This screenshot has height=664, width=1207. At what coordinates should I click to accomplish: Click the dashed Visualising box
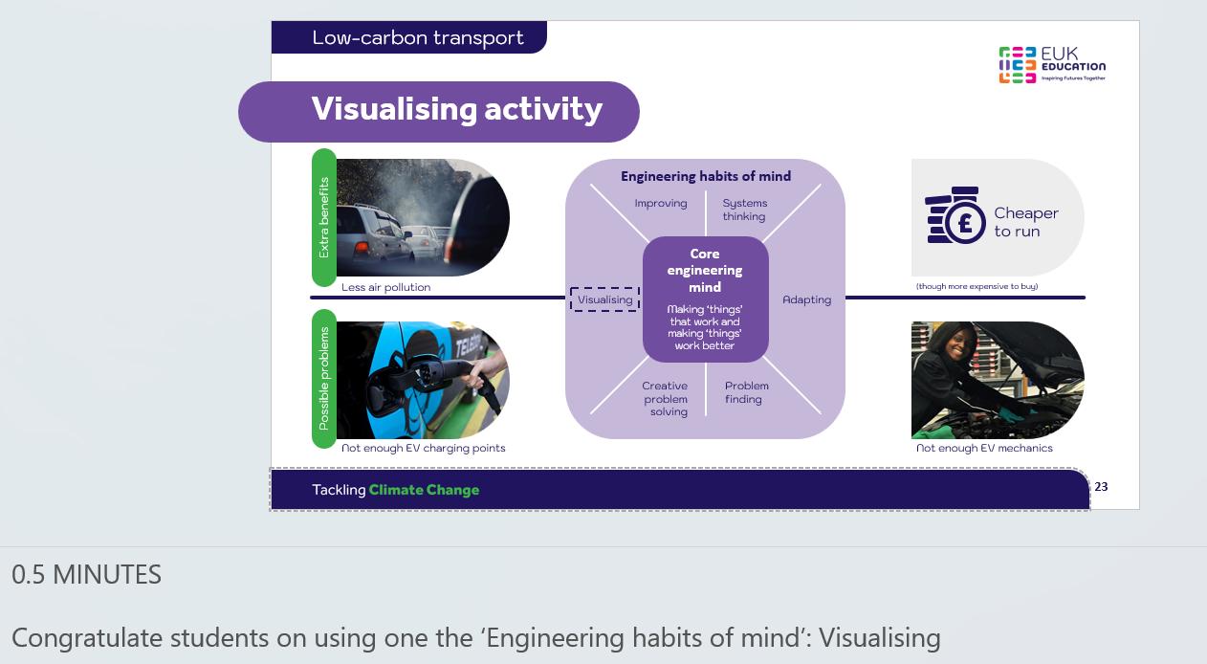(x=605, y=299)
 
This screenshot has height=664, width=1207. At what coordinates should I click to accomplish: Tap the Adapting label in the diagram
(x=806, y=299)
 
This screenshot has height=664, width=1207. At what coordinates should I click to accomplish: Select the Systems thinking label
(x=745, y=210)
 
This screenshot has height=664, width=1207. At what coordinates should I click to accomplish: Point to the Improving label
(x=661, y=204)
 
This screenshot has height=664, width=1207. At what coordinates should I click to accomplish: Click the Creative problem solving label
(x=665, y=399)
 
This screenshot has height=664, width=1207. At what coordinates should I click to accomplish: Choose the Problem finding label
(x=746, y=392)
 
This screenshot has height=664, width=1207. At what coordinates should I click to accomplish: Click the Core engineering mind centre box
(x=705, y=299)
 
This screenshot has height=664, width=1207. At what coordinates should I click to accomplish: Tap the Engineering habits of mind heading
(x=706, y=176)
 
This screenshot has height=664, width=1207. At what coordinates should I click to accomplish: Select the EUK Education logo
(x=1052, y=65)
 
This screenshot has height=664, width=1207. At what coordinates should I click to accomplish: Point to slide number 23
(x=1101, y=487)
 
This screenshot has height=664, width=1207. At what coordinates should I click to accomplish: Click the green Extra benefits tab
(x=324, y=218)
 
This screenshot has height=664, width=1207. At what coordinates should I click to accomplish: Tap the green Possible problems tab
(x=324, y=378)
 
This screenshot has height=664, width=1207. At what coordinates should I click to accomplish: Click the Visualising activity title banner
(x=439, y=112)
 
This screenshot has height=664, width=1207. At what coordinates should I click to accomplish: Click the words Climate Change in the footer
(x=424, y=490)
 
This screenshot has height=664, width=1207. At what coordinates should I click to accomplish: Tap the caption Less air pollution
(x=385, y=287)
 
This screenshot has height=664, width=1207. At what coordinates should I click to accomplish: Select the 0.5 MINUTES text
(x=86, y=574)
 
